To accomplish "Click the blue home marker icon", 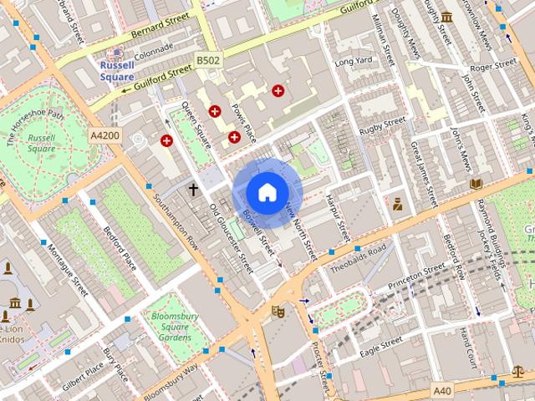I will coord(267,192).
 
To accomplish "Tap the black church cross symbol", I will coord(193,190).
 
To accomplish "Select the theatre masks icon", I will coord(278,312).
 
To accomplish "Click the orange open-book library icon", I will coord(476,183).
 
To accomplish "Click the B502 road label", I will coord(207,60).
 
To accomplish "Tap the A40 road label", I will coord(443,390).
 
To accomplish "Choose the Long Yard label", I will coord(353,62).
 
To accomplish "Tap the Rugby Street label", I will coord(382,126).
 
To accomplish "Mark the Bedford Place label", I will coord(119,247).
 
